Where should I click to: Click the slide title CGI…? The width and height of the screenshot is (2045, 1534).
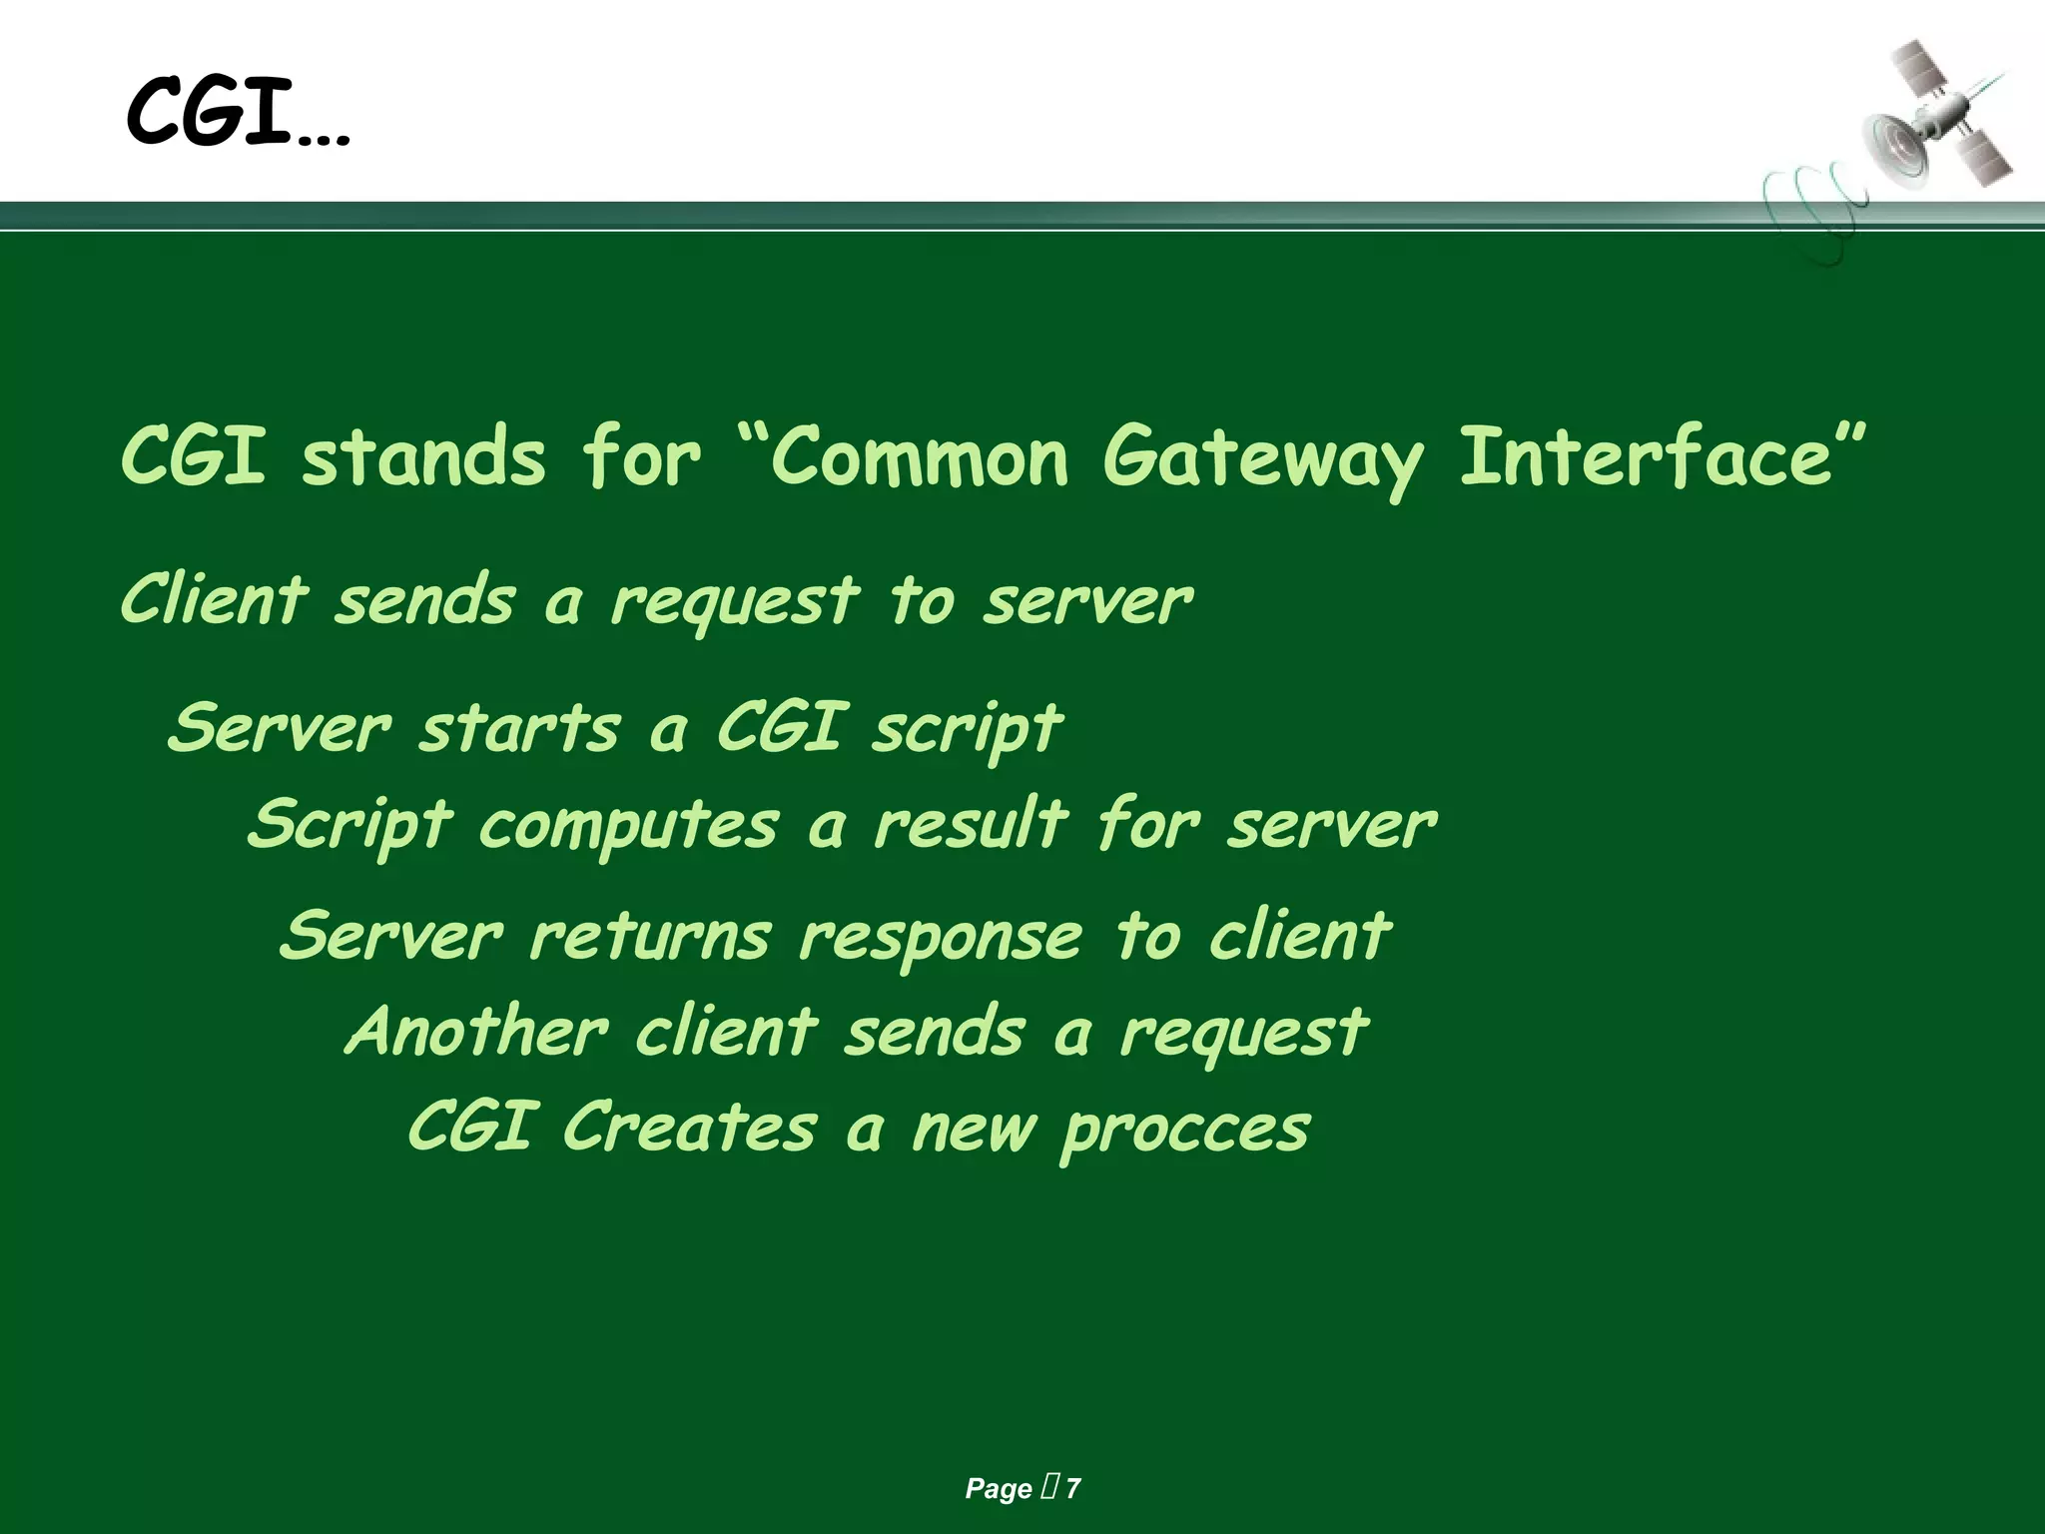tap(238, 112)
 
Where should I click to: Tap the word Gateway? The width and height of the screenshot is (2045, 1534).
tap(1263, 459)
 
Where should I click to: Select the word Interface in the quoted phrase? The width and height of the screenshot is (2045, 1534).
tap(1648, 456)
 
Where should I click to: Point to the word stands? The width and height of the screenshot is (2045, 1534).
tap(424, 457)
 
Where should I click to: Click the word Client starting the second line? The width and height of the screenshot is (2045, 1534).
tap(213, 600)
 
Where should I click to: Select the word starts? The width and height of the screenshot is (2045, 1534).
tap(519, 728)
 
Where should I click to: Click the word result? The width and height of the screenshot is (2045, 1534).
tap(971, 825)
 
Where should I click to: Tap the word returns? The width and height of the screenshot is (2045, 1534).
tap(649, 937)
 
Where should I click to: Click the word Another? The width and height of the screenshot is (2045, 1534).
tap(476, 1032)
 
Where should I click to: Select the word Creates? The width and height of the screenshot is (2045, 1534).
tap(689, 1128)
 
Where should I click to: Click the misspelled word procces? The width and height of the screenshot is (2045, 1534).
tap(1184, 1132)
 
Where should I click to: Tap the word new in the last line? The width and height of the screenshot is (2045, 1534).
tap(974, 1130)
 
